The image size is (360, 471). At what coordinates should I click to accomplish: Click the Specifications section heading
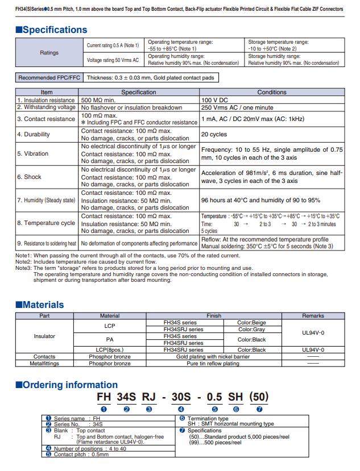pos(51,30)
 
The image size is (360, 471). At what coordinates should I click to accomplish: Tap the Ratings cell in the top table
pos(49,52)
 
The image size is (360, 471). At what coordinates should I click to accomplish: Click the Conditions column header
pos(272,92)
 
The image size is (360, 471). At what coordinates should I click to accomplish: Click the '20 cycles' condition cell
pos(214,135)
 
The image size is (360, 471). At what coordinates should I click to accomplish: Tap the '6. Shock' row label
pos(29,177)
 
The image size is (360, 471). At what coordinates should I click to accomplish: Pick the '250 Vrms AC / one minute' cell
pos(234,107)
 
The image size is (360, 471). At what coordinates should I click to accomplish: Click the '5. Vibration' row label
pos(32,153)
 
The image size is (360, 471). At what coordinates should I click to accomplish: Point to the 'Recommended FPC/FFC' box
pos(49,78)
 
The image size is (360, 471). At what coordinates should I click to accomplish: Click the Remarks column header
pos(313,315)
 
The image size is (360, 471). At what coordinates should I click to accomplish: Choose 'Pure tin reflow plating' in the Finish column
pos(213,363)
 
